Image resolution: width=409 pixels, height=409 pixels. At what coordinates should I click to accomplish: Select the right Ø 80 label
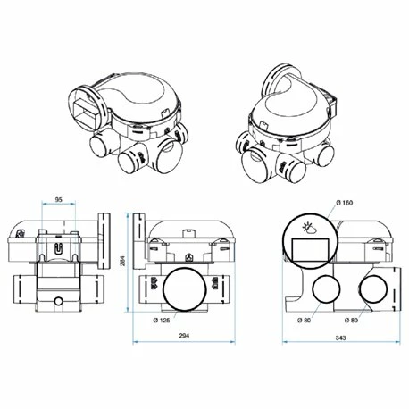click(355, 320)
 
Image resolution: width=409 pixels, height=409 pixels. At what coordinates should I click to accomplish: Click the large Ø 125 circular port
click(186, 289)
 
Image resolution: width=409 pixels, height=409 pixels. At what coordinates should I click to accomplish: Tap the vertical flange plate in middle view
click(138, 240)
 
